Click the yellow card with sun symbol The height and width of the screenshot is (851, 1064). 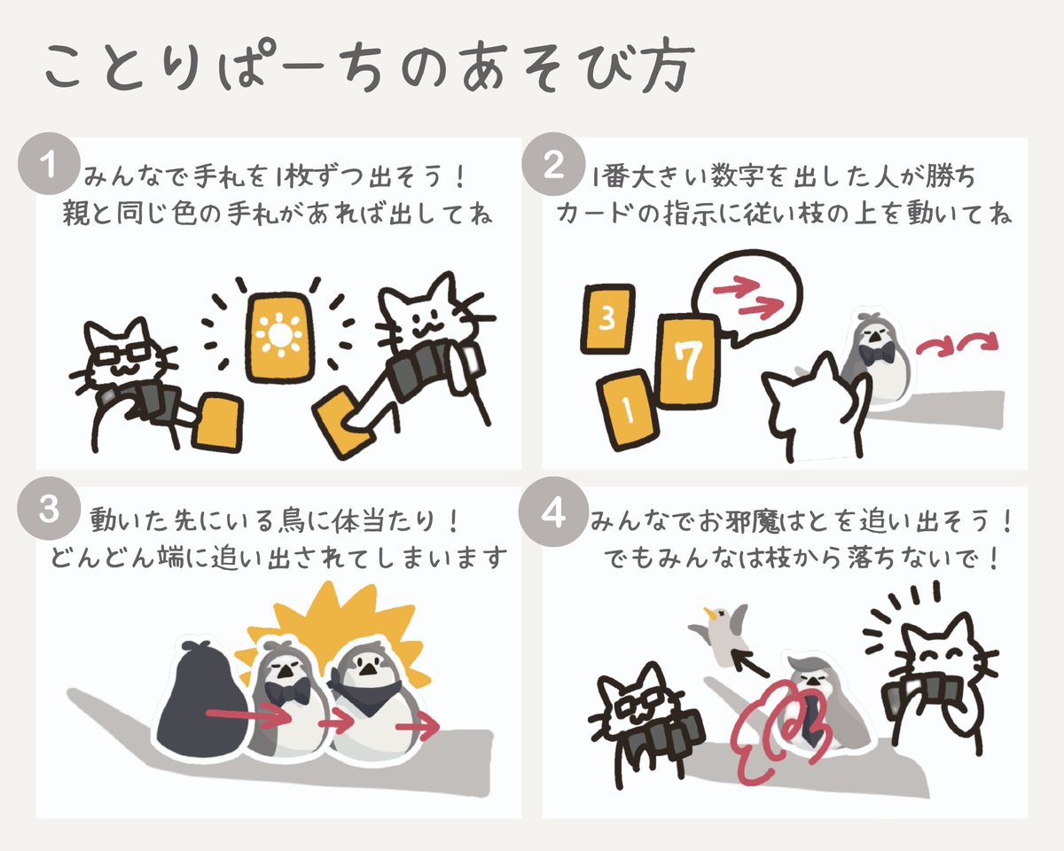(x=280, y=336)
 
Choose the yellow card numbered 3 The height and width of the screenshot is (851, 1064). (x=607, y=319)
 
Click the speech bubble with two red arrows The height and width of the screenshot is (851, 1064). (x=749, y=297)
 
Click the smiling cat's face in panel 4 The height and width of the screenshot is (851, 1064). (x=942, y=656)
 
